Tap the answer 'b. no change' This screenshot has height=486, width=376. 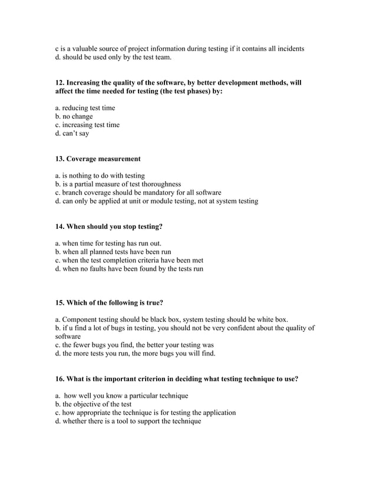(x=74, y=116)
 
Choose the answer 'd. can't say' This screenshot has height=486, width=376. (x=72, y=134)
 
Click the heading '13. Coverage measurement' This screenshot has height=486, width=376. (x=98, y=159)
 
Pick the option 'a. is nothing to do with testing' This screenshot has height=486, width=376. (x=100, y=176)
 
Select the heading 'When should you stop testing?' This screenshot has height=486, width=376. (x=114, y=227)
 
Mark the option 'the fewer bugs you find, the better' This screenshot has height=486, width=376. (x=134, y=345)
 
